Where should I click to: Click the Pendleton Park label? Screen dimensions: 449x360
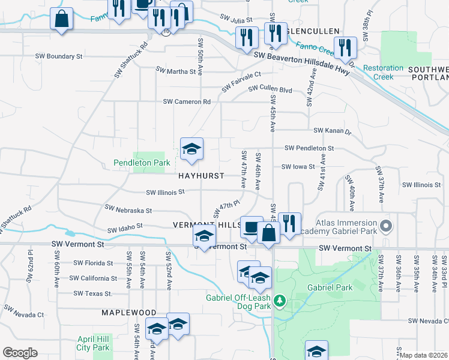tap(142, 163)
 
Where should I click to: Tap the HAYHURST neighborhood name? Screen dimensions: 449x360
tap(201, 176)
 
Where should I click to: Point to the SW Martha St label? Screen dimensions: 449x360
tap(176, 71)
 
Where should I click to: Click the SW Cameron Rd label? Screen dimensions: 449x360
tap(187, 102)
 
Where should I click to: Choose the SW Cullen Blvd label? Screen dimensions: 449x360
tap(271, 89)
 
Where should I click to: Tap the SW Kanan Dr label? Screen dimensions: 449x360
tap(332, 130)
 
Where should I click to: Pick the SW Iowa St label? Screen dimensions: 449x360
tap(298, 167)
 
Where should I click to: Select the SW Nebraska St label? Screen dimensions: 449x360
tap(128, 210)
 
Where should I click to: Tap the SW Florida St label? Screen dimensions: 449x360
tap(93, 263)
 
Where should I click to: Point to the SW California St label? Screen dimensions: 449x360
tap(93, 278)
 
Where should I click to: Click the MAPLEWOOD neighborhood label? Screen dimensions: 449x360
tap(128, 313)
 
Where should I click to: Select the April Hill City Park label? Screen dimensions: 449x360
tap(93, 343)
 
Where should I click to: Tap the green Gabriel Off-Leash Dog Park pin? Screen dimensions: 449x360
tap(279, 299)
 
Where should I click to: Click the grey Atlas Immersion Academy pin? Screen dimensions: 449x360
tap(386, 227)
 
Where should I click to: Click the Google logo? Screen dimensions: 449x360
tap(20, 353)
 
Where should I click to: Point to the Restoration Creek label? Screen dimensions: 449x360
tap(383, 72)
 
